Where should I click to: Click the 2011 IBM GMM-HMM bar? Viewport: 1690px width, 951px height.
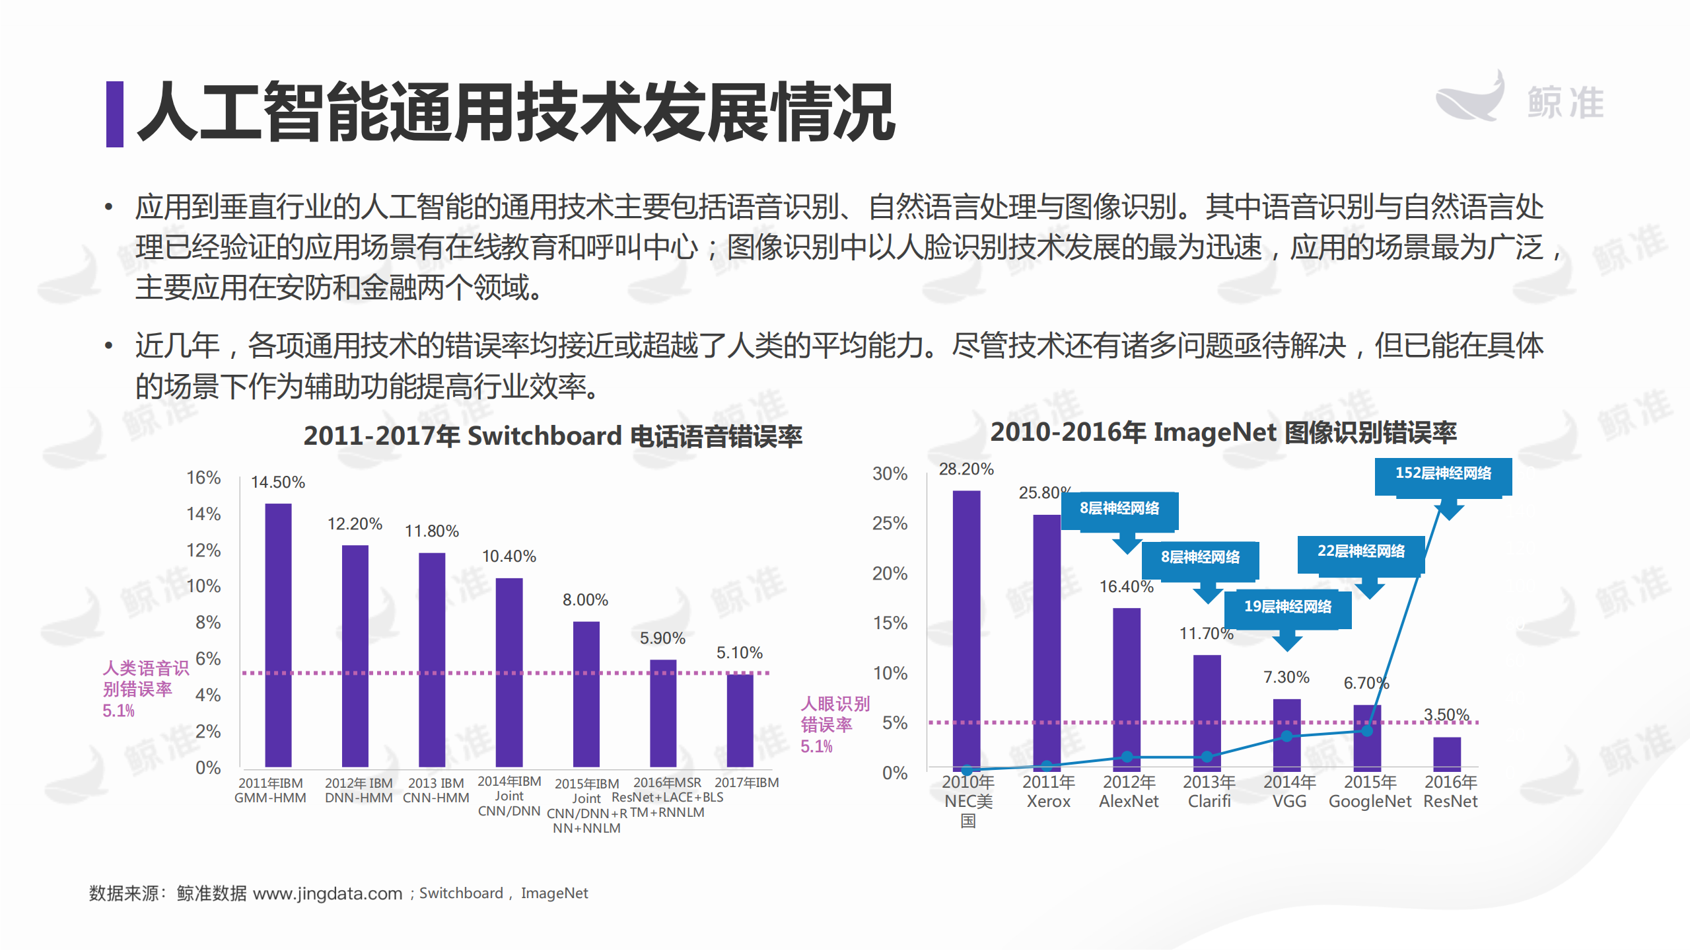click(278, 634)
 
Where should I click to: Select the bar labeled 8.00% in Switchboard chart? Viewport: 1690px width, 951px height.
click(586, 694)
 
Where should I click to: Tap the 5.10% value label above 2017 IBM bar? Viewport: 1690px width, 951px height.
click(739, 653)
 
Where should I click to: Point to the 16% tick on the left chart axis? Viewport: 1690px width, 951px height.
click(203, 477)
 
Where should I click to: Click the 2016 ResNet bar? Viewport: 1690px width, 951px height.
click(1446, 753)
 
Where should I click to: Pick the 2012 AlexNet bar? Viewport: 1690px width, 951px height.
click(1127, 687)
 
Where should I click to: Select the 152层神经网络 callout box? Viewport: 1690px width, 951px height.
click(1443, 474)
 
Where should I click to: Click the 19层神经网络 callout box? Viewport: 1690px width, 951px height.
click(1287, 607)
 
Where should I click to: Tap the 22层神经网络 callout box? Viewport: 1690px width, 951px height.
click(1360, 552)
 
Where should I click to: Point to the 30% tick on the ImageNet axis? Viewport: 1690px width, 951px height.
click(890, 474)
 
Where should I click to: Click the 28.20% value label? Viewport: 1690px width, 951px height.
click(966, 469)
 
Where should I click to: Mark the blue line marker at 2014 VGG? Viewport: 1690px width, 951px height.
click(1286, 736)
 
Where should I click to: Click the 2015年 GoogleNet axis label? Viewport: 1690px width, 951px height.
click(1370, 791)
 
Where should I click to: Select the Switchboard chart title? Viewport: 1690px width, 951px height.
click(553, 436)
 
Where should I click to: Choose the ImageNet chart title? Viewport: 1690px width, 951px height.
click(1223, 432)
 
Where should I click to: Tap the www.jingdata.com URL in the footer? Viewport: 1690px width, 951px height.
click(328, 894)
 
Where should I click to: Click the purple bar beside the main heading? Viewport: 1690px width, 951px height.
click(114, 114)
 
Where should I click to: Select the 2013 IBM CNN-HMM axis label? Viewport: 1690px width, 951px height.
click(436, 790)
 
